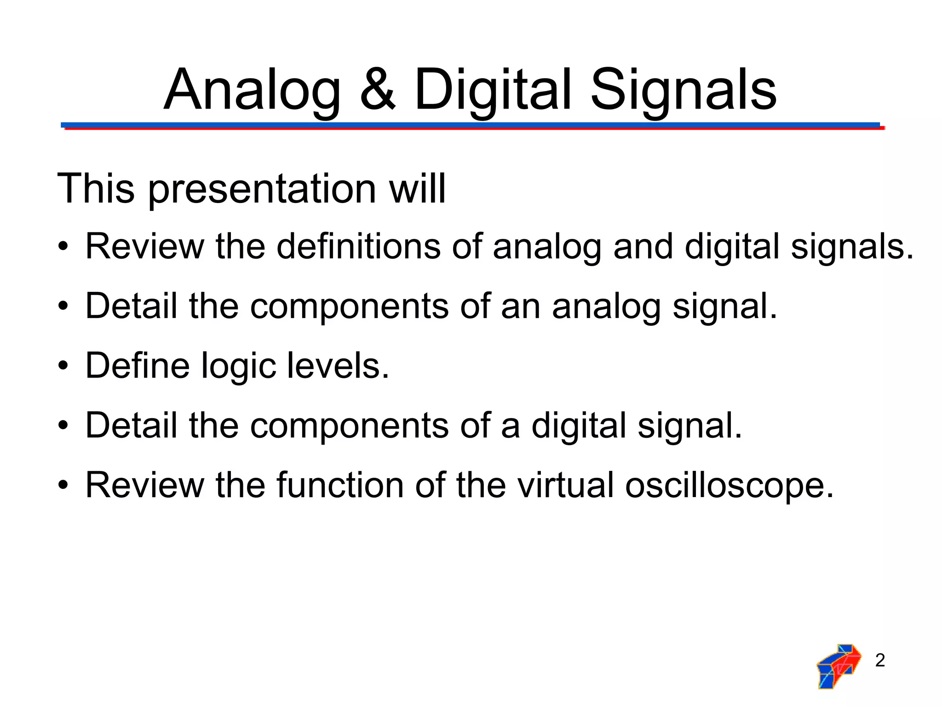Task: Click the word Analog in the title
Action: pos(252,91)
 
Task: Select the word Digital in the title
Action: pos(493,91)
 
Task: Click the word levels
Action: pos(338,366)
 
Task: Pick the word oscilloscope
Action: pos(729,486)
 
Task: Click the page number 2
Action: pos(880,661)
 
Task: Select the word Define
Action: pos(138,366)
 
